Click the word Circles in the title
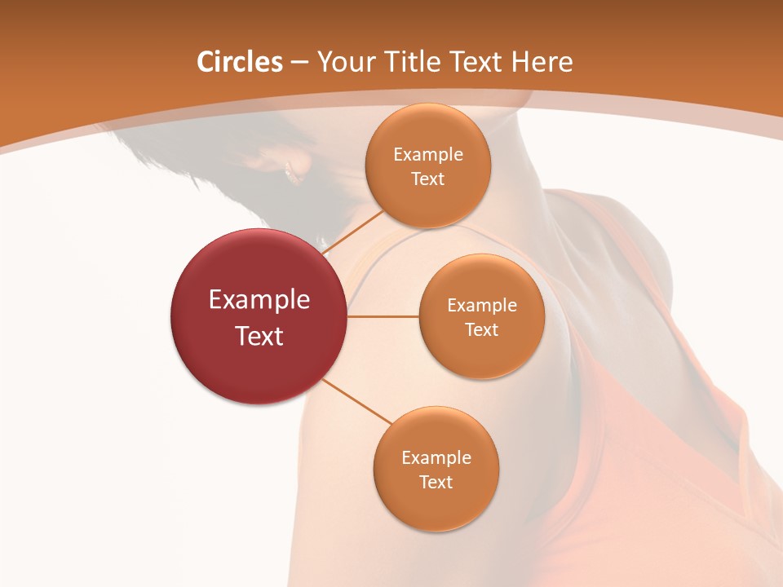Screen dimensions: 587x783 coord(239,62)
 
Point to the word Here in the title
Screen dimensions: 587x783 coord(542,62)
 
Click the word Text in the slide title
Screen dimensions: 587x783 coord(477,62)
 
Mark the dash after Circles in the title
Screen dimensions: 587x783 coord(299,64)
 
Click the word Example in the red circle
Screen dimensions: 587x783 coord(259,300)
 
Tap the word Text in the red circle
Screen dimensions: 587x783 coord(259,336)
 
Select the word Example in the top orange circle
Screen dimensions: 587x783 coord(427,155)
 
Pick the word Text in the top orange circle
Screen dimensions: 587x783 coord(427,179)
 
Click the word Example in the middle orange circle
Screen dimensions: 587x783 coord(481,306)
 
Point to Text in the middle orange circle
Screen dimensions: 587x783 coord(481,330)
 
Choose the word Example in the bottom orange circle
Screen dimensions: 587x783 coord(436,458)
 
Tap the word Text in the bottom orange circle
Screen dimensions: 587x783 coord(436,483)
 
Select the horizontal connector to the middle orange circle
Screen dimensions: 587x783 coord(383,316)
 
